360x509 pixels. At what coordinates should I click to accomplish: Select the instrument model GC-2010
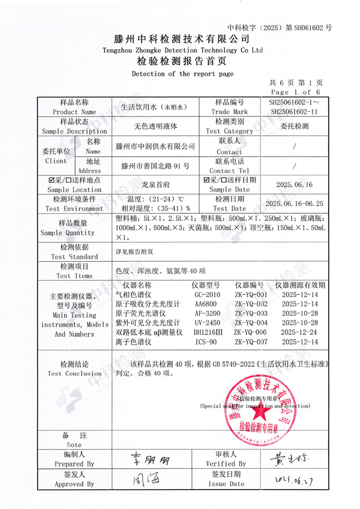(207, 295)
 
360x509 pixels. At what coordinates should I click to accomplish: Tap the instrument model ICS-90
(206, 341)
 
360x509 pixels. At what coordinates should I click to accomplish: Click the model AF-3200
(207, 313)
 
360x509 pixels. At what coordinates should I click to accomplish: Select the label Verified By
(226, 464)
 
